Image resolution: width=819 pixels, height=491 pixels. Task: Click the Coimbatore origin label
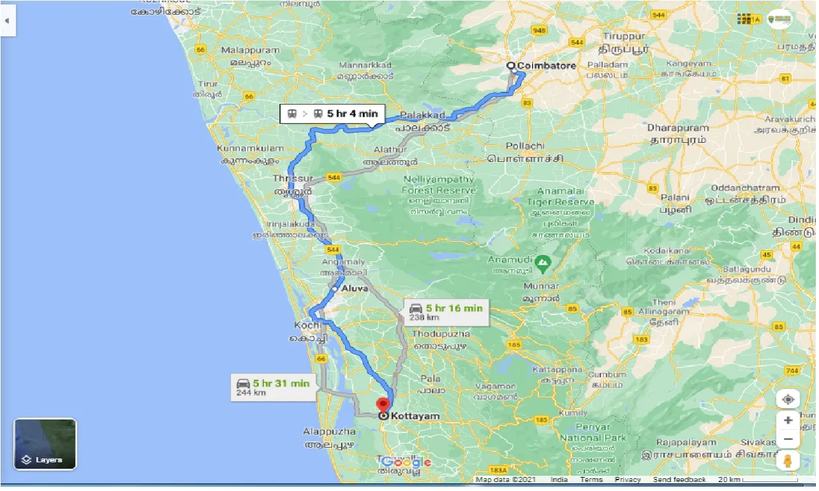pyautogui.click(x=547, y=66)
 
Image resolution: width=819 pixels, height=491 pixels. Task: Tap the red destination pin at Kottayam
pyautogui.click(x=383, y=404)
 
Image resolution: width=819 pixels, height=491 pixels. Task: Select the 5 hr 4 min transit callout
pyautogui.click(x=334, y=114)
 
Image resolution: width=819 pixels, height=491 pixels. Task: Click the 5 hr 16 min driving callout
pyautogui.click(x=446, y=312)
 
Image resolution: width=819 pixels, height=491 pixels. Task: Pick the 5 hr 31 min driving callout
pyautogui.click(x=273, y=387)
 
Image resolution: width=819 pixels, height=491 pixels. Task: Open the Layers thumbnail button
pyautogui.click(x=45, y=444)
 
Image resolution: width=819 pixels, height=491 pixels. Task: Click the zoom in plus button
pyautogui.click(x=788, y=420)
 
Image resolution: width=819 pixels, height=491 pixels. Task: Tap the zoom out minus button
pyautogui.click(x=788, y=439)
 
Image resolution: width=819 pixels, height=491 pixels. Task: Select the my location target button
pyautogui.click(x=788, y=399)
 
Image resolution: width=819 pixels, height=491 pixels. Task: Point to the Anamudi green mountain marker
pyautogui.click(x=542, y=261)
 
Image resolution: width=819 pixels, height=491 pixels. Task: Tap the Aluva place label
pyautogui.click(x=355, y=289)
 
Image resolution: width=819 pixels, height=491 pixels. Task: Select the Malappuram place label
pyautogui.click(x=250, y=50)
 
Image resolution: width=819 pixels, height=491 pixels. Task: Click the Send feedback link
pyautogui.click(x=679, y=480)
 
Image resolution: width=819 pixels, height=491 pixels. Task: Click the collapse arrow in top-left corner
pyautogui.click(x=7, y=20)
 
